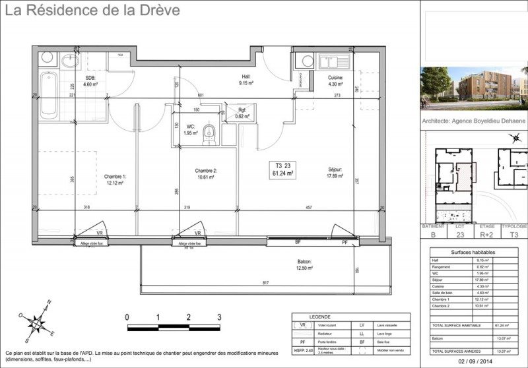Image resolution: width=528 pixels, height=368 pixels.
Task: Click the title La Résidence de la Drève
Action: [x=94, y=11]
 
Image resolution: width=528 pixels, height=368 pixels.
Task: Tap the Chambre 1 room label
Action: [x=114, y=179]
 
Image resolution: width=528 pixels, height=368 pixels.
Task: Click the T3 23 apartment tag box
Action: [x=284, y=169]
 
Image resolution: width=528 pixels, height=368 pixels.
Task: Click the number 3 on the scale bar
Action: [x=218, y=317]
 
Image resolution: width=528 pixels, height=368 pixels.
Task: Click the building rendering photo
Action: [x=474, y=88]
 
